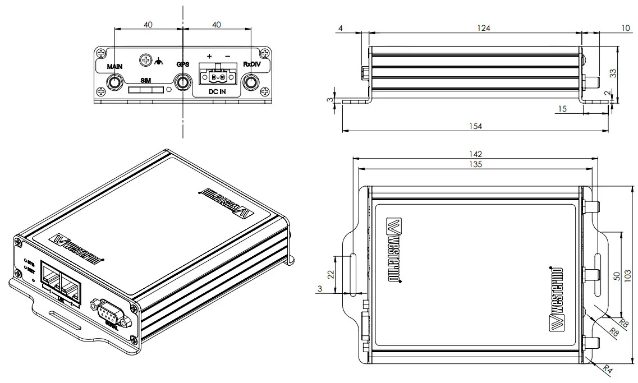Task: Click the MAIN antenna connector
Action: tap(114, 83)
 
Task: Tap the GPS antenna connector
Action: tap(183, 83)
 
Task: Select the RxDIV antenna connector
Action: tap(251, 83)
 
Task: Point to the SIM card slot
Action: tap(145, 90)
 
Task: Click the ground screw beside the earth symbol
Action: tap(146, 59)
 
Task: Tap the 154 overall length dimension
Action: tap(475, 126)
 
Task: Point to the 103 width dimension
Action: tap(628, 275)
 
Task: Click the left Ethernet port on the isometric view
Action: tap(50, 278)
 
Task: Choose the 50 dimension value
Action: tap(616, 275)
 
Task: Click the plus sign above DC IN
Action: tap(209, 56)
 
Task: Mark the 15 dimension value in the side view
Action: tap(563, 109)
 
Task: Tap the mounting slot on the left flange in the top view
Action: tap(352, 274)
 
